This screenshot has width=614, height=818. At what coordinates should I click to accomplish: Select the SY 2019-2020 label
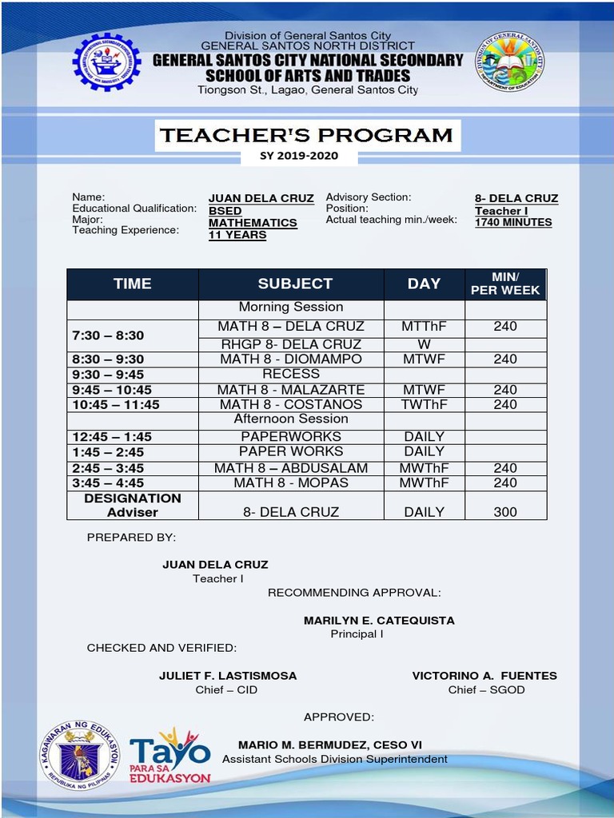point(299,157)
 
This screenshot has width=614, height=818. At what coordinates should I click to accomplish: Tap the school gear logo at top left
point(106,62)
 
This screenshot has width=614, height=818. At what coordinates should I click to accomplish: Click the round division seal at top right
point(509,62)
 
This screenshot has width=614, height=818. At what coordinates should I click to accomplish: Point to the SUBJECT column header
point(295,284)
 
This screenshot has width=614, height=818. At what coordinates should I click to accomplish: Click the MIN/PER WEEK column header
point(505,284)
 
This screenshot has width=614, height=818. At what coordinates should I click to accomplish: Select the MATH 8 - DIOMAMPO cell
point(291,359)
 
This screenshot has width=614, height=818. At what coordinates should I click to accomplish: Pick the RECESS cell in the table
point(291,374)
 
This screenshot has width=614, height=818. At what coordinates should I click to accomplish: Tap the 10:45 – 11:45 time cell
point(116,405)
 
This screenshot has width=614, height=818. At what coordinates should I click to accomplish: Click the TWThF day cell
point(424,405)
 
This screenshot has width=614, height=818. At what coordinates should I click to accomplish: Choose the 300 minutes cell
point(505,512)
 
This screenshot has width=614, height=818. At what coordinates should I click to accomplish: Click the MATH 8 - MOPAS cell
point(291,483)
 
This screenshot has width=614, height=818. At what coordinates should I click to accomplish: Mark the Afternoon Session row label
point(291,419)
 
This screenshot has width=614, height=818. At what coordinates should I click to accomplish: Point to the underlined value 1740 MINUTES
point(513,223)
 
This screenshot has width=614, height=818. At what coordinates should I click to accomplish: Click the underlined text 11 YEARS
point(237,236)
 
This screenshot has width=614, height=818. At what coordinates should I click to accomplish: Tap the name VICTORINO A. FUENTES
point(484,676)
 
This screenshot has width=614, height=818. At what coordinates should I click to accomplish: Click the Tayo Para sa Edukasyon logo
point(170,756)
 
